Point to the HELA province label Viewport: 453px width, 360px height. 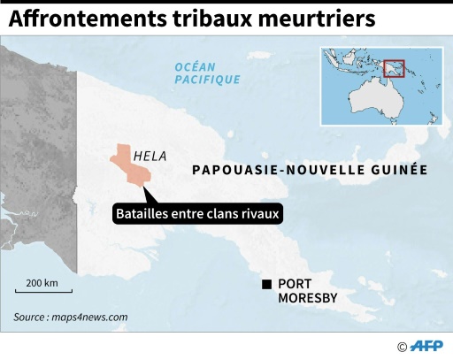click(150, 157)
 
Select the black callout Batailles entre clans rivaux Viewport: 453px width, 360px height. click(197, 213)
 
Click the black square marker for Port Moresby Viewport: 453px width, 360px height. click(265, 284)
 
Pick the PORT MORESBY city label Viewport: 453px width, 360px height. click(307, 291)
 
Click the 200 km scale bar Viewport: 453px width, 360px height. click(42, 287)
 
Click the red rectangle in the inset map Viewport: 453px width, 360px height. click(395, 68)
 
